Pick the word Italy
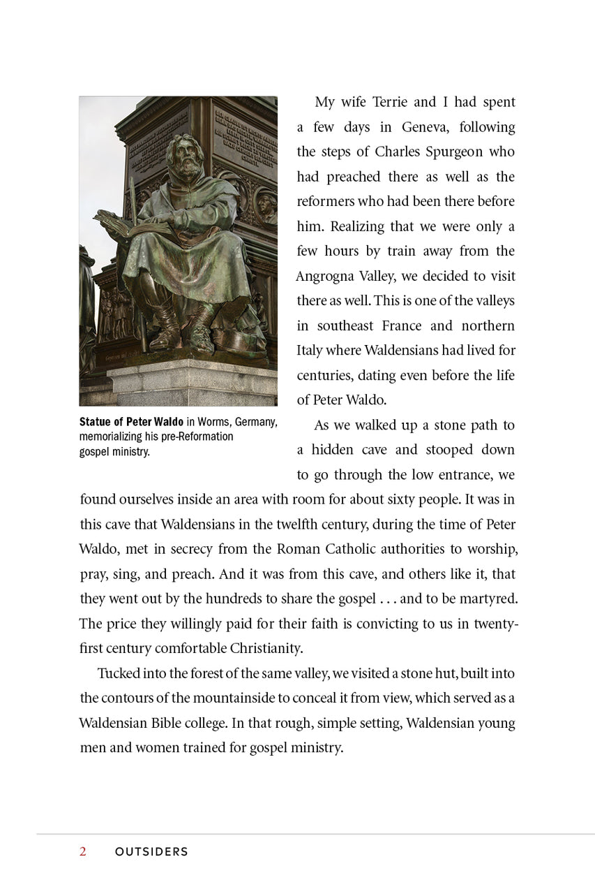310,351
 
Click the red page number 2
83,851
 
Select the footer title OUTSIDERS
151,852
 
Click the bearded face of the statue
186,161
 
